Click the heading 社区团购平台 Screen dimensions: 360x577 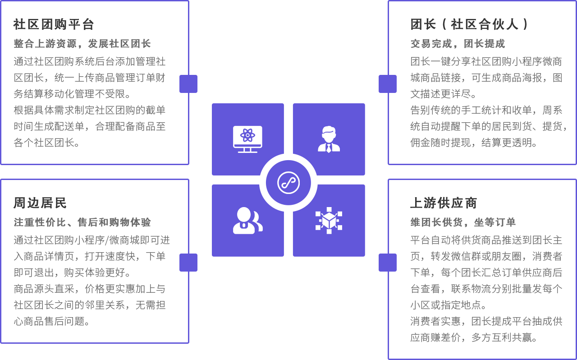pyautogui.click(x=54, y=24)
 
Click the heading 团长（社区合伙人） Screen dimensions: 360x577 pyautogui.click(x=469, y=24)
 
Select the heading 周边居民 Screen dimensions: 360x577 pyautogui.click(x=40, y=203)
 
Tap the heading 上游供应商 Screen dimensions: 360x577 pyautogui.click(x=444, y=203)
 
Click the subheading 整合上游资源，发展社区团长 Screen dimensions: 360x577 pyautogui.click(x=82, y=44)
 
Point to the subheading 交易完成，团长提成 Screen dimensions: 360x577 pyautogui.click(x=458, y=44)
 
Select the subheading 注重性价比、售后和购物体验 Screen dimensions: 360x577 pyautogui.click(x=82, y=222)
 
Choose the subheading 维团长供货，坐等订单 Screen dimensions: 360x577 pyautogui.click(x=463, y=222)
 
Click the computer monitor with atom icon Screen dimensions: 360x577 pyautogui.click(x=247, y=139)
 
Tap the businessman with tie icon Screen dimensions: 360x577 pyautogui.click(x=329, y=139)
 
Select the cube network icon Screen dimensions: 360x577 pyautogui.click(x=329, y=221)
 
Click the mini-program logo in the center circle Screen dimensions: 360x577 pyautogui.click(x=288, y=183)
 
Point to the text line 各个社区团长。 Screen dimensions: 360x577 pyautogui.click(x=48, y=143)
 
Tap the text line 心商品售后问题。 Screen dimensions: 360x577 pyautogui.click(x=53, y=321)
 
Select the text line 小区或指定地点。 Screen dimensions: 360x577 pyautogui.click(x=450, y=305)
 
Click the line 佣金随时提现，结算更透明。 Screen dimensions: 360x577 pyautogui.click(x=475, y=143)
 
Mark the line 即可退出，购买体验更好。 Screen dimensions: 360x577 pyautogui.click(x=73, y=273)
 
